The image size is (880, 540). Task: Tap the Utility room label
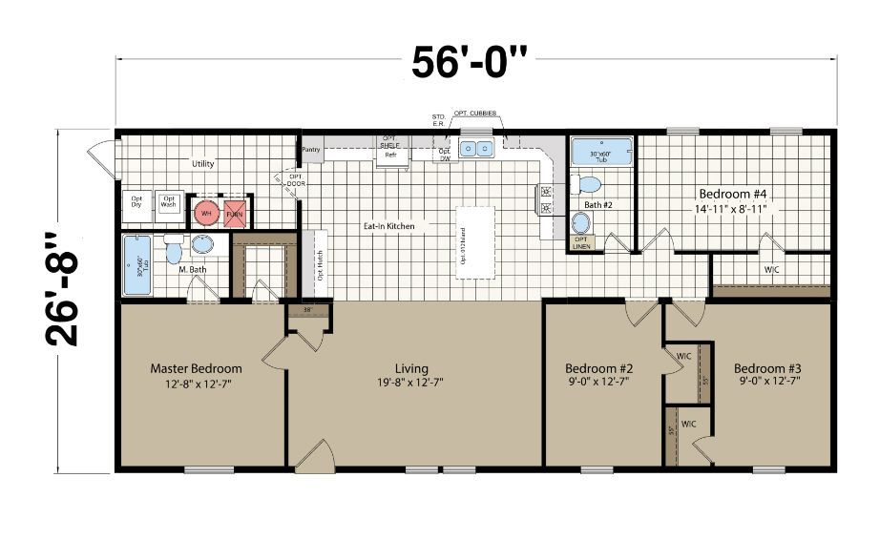202,164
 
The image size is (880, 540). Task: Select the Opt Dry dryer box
136,202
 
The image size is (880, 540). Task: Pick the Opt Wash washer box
169,202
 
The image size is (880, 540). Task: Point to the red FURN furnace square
235,214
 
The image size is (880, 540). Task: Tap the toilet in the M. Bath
174,251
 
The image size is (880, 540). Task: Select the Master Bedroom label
196,368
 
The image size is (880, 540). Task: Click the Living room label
411,368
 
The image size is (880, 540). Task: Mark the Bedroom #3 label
766,368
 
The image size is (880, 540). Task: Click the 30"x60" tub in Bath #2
601,153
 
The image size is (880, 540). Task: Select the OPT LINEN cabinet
580,243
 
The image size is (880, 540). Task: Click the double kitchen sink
475,148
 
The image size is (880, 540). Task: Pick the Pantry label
311,150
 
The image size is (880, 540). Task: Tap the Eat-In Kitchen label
388,227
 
